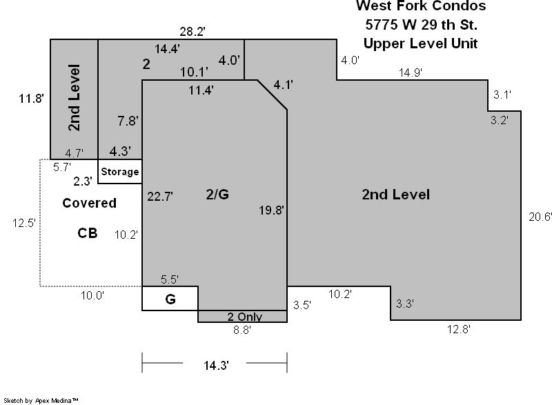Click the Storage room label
[119, 172]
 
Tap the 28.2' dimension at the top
[193, 32]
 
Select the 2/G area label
[217, 195]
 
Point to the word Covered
[90, 203]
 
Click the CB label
[88, 233]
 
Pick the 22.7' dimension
[160, 197]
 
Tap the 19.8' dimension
[271, 210]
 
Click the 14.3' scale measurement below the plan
[216, 365]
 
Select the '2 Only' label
[245, 317]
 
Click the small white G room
[170, 298]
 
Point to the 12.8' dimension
[459, 329]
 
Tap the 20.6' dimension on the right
[540, 217]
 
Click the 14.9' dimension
[411, 72]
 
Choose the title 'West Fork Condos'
[421, 6]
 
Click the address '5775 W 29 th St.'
[422, 25]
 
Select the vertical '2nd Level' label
[75, 97]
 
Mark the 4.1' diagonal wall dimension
[284, 85]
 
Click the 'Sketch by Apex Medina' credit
[41, 400]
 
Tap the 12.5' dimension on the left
[24, 223]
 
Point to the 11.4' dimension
[201, 90]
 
